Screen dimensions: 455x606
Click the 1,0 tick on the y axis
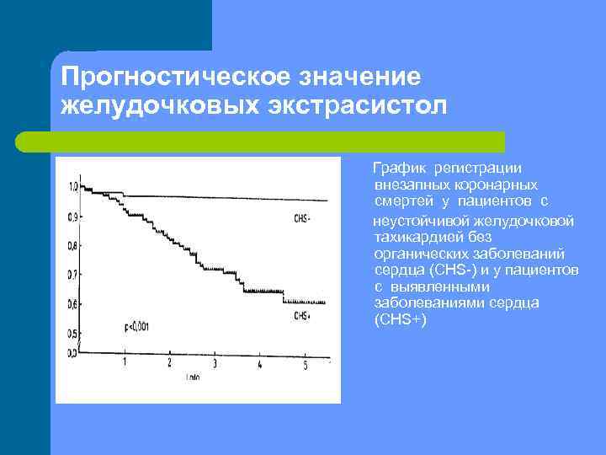pos(72,185)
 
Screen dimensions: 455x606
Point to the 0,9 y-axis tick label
pos(72,217)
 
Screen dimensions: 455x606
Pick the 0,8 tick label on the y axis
pos(72,245)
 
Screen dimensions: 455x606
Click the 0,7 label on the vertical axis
pos(72,275)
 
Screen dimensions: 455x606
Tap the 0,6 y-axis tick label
pos(72,303)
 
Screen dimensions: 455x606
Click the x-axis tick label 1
pos(125,361)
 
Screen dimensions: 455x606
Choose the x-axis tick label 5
pos(305,363)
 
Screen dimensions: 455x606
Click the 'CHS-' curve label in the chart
pos(302,218)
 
